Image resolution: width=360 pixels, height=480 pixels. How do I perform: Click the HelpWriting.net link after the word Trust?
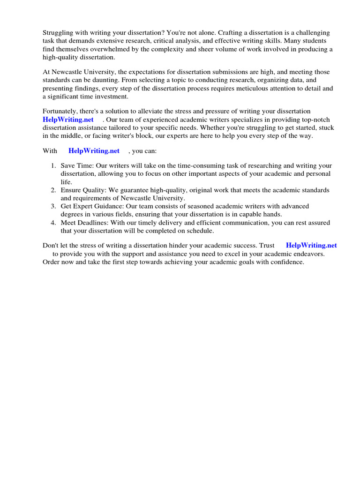(311, 245)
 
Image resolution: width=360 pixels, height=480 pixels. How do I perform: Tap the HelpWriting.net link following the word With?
(94, 151)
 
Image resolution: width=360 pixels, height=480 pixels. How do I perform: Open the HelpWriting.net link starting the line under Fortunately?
(68, 119)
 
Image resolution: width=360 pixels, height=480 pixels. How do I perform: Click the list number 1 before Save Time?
(53, 166)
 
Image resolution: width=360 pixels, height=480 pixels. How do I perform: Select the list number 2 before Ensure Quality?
(53, 190)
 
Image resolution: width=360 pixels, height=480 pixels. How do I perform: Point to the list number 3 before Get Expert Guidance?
(53, 206)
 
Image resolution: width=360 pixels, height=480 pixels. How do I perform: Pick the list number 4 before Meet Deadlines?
(53, 223)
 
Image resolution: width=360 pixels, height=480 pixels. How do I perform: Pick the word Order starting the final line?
(52, 262)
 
